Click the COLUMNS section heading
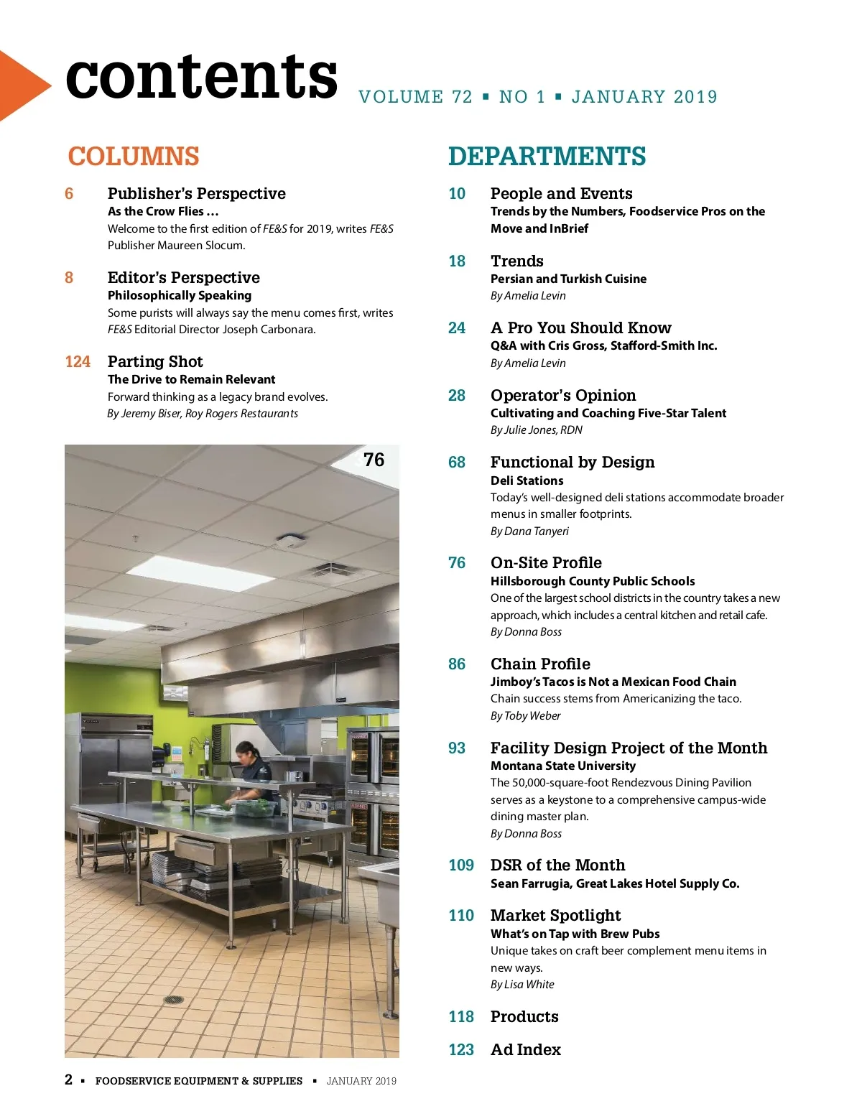(134, 157)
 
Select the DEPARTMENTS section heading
(547, 157)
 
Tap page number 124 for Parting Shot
(78, 362)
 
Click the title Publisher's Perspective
(196, 194)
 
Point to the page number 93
(457, 748)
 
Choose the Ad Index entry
(525, 1050)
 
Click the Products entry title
(524, 1017)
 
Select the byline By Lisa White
(522, 985)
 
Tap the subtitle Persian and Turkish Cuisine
(568, 279)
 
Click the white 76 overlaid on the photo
(374, 460)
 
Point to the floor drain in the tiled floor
(173, 1000)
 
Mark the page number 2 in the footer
(69, 1079)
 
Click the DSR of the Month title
(557, 865)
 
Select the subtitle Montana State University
(563, 766)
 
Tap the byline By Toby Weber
(525, 716)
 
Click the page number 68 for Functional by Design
(457, 463)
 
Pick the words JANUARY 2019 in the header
(644, 97)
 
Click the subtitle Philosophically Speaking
(180, 295)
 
